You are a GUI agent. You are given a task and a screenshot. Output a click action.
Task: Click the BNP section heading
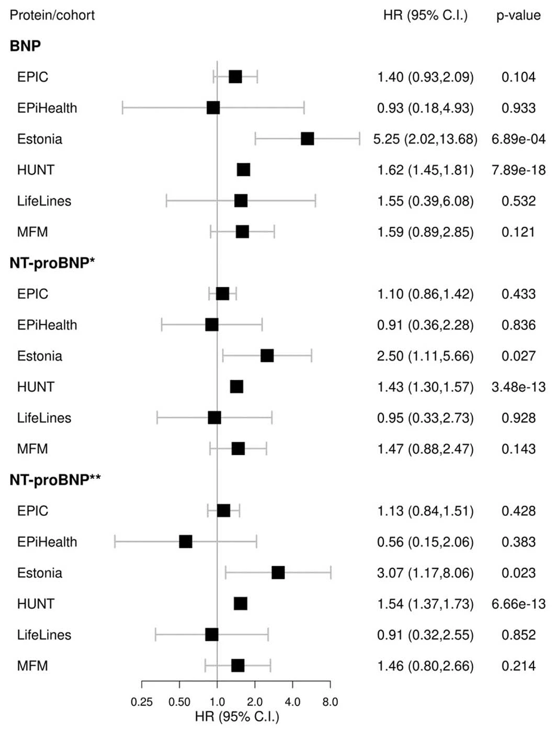(25, 46)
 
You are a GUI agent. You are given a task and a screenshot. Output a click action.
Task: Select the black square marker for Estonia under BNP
(308, 139)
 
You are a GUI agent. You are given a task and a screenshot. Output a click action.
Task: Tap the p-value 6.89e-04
(518, 139)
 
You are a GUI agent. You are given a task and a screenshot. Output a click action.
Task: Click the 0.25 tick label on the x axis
(142, 702)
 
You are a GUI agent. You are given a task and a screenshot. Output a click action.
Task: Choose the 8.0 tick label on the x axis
(330, 702)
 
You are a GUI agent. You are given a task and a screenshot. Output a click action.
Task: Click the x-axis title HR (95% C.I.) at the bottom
(237, 717)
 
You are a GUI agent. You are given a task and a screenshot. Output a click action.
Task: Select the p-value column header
(518, 16)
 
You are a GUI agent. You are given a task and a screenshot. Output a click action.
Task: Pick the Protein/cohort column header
(52, 15)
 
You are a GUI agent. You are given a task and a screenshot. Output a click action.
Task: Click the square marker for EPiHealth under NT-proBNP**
(186, 542)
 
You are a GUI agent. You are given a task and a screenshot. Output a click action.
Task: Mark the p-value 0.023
(518, 573)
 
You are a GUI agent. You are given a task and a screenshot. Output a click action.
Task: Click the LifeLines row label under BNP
(44, 201)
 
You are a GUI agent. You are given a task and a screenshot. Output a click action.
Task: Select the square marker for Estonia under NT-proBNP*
(267, 356)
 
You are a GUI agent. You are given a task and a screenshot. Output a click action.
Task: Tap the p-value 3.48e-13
(518, 387)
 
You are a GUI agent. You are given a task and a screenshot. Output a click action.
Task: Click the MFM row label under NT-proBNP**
(32, 666)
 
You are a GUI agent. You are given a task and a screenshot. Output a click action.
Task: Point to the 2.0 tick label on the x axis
(255, 702)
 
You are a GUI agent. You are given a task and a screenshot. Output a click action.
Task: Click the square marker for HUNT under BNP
(244, 170)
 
